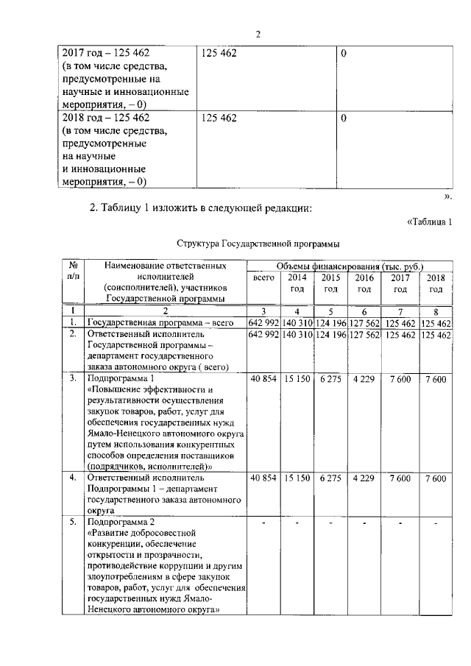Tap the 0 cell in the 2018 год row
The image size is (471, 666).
point(344,118)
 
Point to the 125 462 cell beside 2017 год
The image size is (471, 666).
point(219,53)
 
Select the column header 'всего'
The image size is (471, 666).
point(263,277)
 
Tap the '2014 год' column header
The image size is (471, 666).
point(297,283)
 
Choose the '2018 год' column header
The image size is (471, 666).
point(436,283)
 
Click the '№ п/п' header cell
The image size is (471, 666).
point(73,270)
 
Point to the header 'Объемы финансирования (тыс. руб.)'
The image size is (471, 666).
point(349,265)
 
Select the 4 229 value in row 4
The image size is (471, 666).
point(364,478)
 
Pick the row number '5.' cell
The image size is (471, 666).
point(73,522)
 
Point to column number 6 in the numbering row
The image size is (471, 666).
point(364,311)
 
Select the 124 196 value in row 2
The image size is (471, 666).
point(330,335)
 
